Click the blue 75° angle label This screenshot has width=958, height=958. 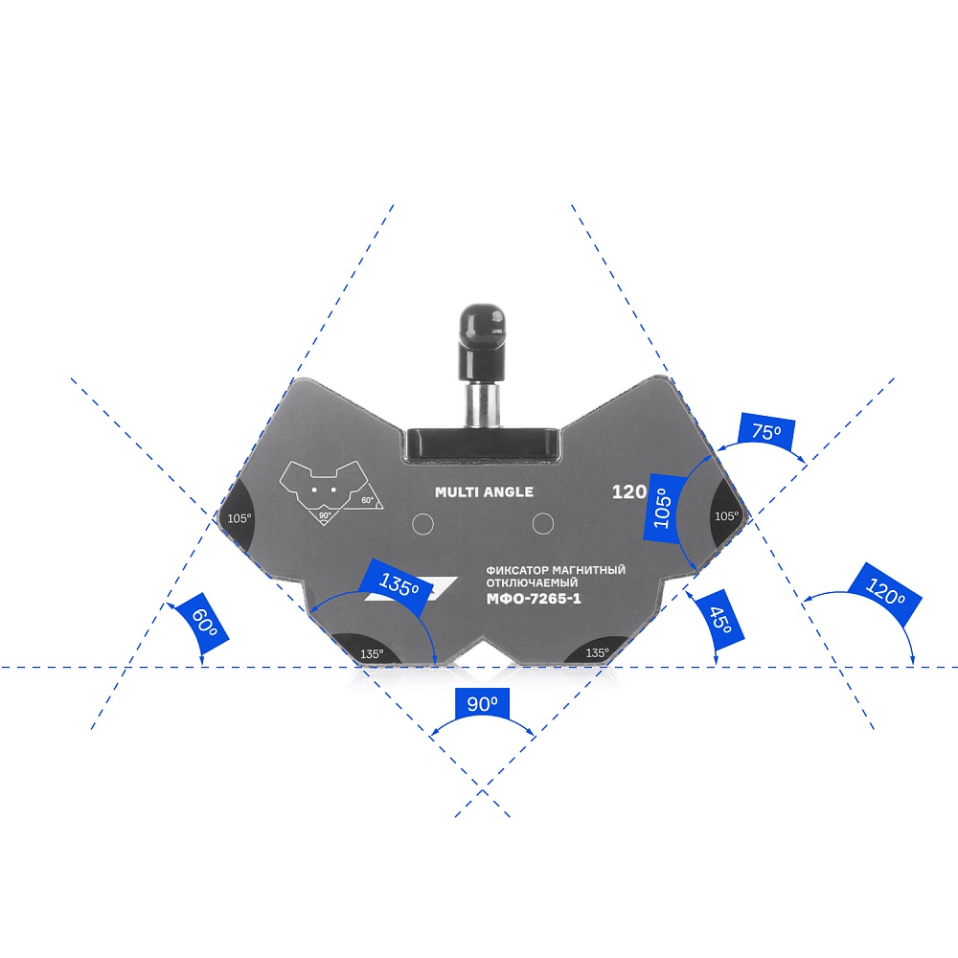(766, 432)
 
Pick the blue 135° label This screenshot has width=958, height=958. (399, 583)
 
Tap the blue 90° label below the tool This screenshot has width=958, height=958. (482, 704)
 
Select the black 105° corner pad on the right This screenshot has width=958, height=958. (726, 515)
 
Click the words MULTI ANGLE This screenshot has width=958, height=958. (484, 492)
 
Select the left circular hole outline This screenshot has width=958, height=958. (422, 523)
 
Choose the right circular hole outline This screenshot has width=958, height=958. (544, 523)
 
